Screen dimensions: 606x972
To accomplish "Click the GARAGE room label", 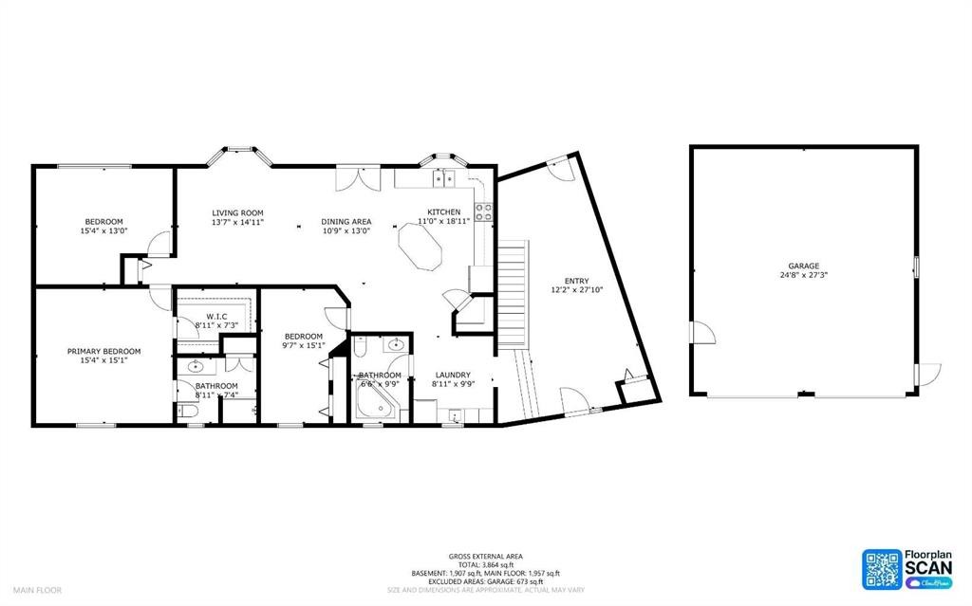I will click(x=803, y=266).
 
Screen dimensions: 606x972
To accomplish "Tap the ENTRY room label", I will click(x=576, y=281).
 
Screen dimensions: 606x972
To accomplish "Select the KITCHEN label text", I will click(x=443, y=211).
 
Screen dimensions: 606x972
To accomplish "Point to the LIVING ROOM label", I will click(x=237, y=212).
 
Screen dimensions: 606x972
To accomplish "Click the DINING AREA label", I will click(x=346, y=222).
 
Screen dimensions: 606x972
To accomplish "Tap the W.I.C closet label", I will click(x=215, y=317).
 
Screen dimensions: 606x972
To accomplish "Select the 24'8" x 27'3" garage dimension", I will click(x=803, y=276).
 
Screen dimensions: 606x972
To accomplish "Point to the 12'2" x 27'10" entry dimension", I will click(x=576, y=290).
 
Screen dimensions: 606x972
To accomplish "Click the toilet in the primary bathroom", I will click(x=186, y=411).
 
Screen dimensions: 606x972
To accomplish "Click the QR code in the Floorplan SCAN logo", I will click(x=881, y=568).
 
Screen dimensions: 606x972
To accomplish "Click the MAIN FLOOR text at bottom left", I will click(x=37, y=590).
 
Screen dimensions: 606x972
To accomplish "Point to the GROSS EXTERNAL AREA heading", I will click(x=485, y=556).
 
